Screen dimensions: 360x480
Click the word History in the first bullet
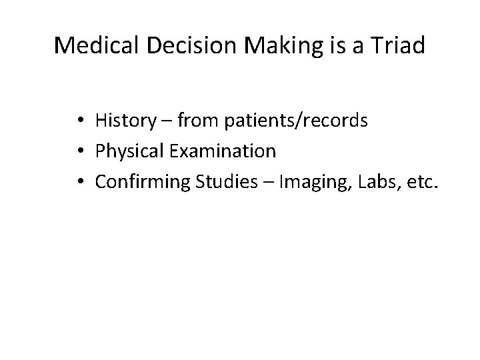pos(124,121)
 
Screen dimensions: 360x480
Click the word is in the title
pos(310,45)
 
